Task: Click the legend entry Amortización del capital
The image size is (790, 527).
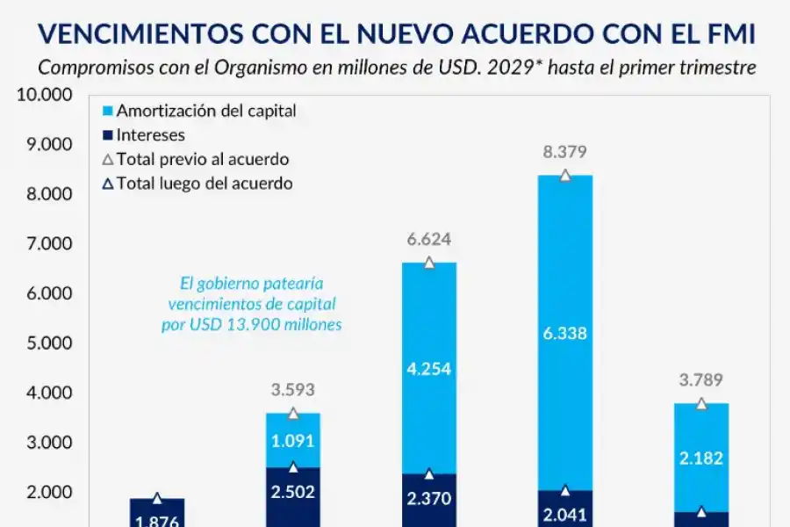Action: point(205,112)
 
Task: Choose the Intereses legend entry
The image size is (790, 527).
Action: point(150,135)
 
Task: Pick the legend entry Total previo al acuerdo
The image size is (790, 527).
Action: point(202,159)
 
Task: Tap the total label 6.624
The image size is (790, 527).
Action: point(428,240)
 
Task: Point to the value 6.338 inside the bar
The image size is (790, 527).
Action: point(564,333)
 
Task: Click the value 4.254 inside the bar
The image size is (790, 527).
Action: point(428,369)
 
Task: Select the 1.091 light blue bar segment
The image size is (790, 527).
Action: point(293,441)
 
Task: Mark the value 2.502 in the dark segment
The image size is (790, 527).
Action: point(293,491)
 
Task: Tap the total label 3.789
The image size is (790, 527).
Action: point(700,380)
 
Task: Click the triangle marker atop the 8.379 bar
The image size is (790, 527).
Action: point(565,176)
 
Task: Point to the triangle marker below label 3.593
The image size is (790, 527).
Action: point(293,414)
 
